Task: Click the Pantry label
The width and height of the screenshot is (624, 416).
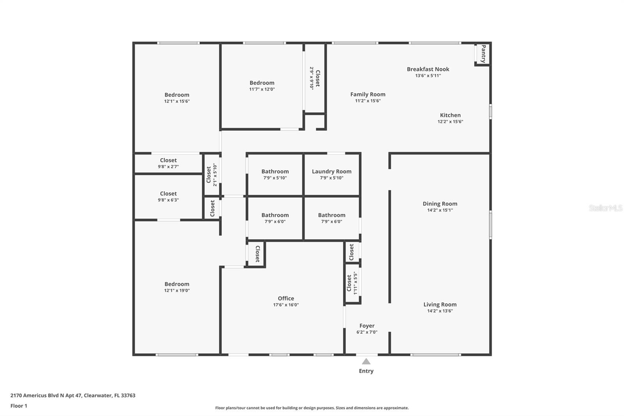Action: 483,54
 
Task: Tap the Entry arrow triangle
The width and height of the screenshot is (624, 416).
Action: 366,361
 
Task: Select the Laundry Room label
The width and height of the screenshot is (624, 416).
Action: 331,171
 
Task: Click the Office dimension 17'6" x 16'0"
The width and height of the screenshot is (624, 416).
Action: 286,305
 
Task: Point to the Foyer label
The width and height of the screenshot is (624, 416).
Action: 367,325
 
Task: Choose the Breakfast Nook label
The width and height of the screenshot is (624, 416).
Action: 428,69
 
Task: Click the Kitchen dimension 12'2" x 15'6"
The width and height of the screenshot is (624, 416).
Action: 450,121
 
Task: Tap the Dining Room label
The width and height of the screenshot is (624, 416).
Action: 440,203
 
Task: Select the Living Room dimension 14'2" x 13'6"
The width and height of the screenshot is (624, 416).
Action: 440,311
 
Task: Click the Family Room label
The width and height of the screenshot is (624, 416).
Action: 367,94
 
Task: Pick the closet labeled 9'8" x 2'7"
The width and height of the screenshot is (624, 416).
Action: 168,163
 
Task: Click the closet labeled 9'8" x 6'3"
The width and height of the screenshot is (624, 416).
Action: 168,196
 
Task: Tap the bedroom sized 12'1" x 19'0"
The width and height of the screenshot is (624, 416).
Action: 177,287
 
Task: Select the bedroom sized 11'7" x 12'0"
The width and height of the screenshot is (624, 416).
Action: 262,85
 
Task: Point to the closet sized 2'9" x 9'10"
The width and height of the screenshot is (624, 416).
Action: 315,78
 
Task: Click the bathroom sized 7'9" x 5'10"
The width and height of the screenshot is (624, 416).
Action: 275,174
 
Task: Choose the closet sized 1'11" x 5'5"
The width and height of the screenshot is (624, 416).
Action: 352,283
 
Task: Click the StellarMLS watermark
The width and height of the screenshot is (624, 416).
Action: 605,208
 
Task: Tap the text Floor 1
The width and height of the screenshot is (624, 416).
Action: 19,406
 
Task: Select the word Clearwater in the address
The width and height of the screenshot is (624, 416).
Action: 97,395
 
